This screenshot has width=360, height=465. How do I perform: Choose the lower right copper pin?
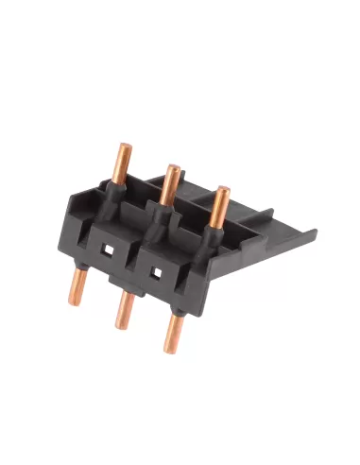173,332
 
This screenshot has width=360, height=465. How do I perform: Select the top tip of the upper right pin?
221,190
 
